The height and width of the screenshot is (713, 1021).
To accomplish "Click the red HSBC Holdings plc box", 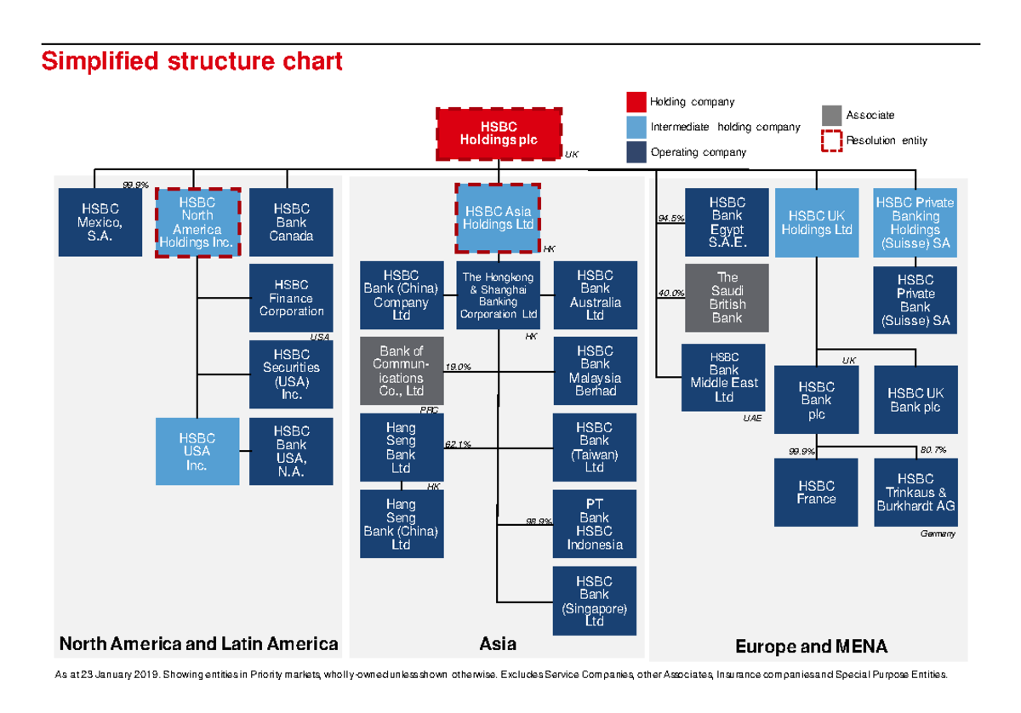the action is [x=499, y=134].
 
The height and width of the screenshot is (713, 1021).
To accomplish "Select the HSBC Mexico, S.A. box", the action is [x=100, y=222].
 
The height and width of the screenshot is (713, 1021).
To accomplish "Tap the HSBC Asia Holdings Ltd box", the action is [x=498, y=218].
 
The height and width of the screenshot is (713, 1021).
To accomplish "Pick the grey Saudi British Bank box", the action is [x=727, y=297].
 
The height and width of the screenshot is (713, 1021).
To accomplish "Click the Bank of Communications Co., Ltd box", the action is [x=402, y=371].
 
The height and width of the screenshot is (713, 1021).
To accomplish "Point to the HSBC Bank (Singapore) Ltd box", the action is [x=595, y=601].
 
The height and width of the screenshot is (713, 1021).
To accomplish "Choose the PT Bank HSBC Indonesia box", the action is [x=595, y=524].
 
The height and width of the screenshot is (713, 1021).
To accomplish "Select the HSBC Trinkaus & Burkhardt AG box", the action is [x=915, y=493].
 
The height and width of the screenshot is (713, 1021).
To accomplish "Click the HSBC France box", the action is [x=816, y=493].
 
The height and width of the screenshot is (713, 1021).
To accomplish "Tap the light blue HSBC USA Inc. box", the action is [x=197, y=451].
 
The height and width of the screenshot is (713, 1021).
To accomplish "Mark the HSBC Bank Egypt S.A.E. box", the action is [x=727, y=222].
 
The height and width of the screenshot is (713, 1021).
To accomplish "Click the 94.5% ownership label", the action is [x=671, y=219].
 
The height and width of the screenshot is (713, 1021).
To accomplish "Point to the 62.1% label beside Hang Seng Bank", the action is [x=458, y=444].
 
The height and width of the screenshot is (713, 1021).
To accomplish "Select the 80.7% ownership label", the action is [x=933, y=449].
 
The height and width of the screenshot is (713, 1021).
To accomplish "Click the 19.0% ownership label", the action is [x=458, y=367].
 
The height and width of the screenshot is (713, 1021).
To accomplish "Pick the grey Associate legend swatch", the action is [x=831, y=116].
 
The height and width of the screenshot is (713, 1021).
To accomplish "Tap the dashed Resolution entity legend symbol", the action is [x=831, y=141].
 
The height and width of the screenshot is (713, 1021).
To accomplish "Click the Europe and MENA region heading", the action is [x=812, y=646].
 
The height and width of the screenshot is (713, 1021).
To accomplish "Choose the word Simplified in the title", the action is [x=100, y=61].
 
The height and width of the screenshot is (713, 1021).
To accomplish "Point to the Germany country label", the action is [x=938, y=533].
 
